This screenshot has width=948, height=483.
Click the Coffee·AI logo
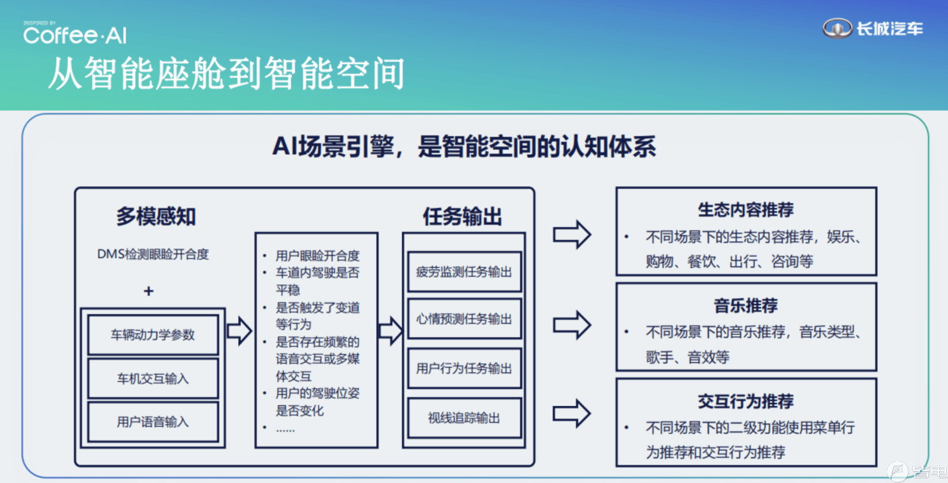click(x=75, y=33)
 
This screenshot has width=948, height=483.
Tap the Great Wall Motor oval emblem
click(x=837, y=28)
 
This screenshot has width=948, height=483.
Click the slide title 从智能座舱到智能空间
click(x=227, y=73)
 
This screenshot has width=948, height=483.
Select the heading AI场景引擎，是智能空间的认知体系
click(x=464, y=146)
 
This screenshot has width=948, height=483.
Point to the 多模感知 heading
click(x=156, y=216)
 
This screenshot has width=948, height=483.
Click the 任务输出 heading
click(x=462, y=216)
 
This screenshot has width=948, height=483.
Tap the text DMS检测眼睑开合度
click(x=153, y=254)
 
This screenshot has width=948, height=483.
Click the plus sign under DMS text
click(x=149, y=291)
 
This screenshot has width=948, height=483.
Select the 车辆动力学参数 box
click(x=153, y=334)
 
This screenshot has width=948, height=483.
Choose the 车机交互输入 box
click(x=153, y=378)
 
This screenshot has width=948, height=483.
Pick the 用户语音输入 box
click(x=153, y=421)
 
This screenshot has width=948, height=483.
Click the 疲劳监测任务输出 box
click(x=465, y=272)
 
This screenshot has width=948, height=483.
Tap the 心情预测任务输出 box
click(x=465, y=319)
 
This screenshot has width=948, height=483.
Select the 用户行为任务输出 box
click(x=465, y=368)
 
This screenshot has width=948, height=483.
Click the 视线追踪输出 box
click(x=465, y=418)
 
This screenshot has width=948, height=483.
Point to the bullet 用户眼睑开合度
click(x=318, y=255)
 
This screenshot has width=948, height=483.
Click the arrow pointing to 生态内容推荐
click(x=572, y=234)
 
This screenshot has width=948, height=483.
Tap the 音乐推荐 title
click(x=746, y=305)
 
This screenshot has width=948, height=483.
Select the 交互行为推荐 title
click(x=746, y=401)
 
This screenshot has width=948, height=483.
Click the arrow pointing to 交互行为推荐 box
click(x=572, y=413)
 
